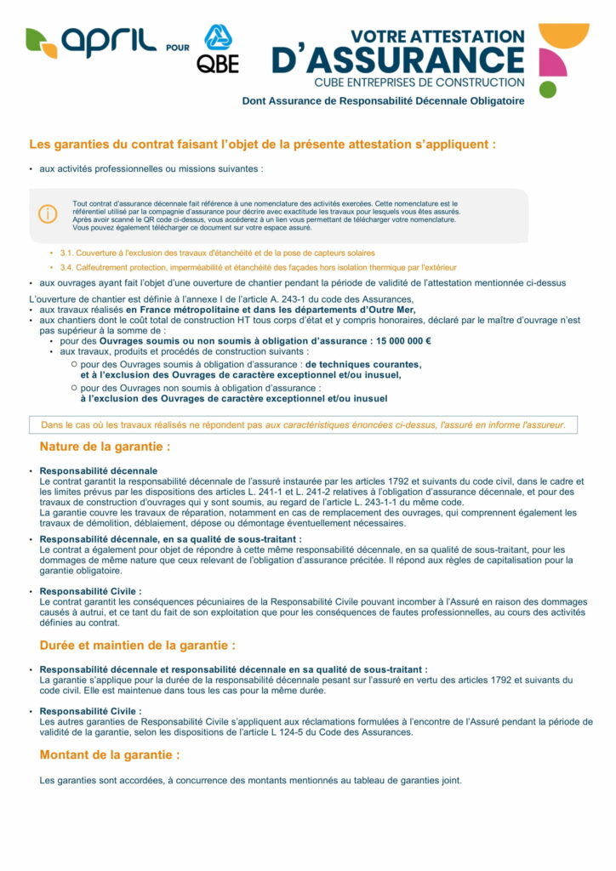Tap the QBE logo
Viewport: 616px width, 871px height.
pyautogui.click(x=218, y=49)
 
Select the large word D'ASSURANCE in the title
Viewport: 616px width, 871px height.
pyautogui.click(x=398, y=60)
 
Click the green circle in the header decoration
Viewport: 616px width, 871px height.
pyautogui.click(x=548, y=88)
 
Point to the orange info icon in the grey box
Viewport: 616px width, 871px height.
pyautogui.click(x=48, y=215)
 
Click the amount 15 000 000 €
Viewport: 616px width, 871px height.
pyautogui.click(x=402, y=342)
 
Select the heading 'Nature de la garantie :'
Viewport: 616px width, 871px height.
pyautogui.click(x=105, y=447)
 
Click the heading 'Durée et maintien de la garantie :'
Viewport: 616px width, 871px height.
pyautogui.click(x=138, y=646)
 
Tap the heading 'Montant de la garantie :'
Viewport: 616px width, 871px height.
pyautogui.click(x=110, y=754)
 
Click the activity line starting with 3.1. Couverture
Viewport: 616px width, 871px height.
pyautogui.click(x=217, y=253)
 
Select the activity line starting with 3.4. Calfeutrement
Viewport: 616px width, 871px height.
pyautogui.click(x=258, y=267)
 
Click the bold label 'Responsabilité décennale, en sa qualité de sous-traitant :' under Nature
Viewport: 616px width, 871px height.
pyautogui.click(x=170, y=539)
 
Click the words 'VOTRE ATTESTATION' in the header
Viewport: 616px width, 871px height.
pyautogui.click(x=438, y=37)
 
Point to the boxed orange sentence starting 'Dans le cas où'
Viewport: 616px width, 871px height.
pyautogui.click(x=303, y=424)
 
